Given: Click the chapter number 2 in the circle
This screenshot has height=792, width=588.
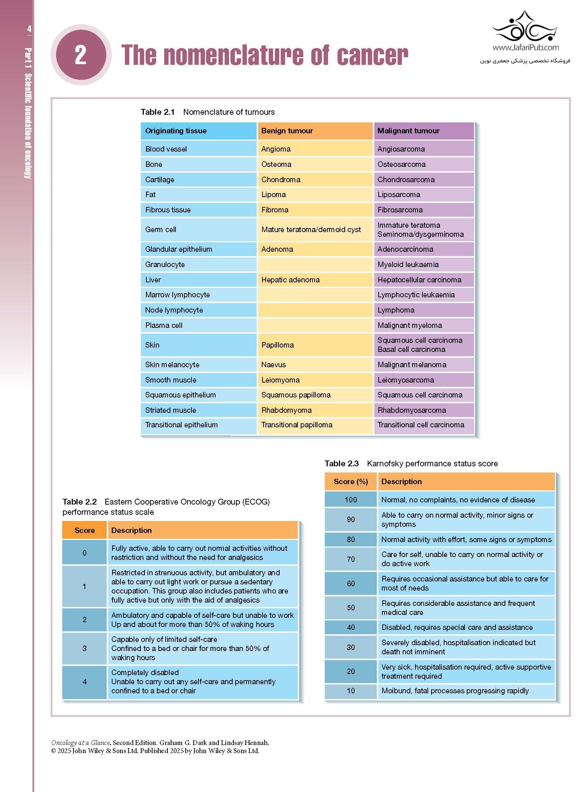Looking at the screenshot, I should [80, 55].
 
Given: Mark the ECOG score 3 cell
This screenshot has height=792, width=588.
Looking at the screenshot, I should [84, 648].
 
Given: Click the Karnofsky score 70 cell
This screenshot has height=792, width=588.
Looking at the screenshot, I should [351, 559].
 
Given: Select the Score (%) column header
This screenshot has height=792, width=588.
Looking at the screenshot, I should [351, 482].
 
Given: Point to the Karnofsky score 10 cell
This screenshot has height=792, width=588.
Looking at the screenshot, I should [351, 691].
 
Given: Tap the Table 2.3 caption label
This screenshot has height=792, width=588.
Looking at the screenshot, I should [342, 463].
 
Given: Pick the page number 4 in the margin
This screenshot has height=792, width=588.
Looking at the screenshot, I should [29, 29].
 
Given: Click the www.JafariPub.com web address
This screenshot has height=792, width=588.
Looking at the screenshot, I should [525, 47].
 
